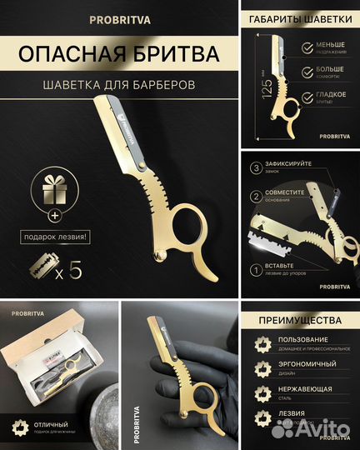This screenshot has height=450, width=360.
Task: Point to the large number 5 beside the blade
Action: (x=77, y=269)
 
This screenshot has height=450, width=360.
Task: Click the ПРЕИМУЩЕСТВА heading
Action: (x=300, y=319)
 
